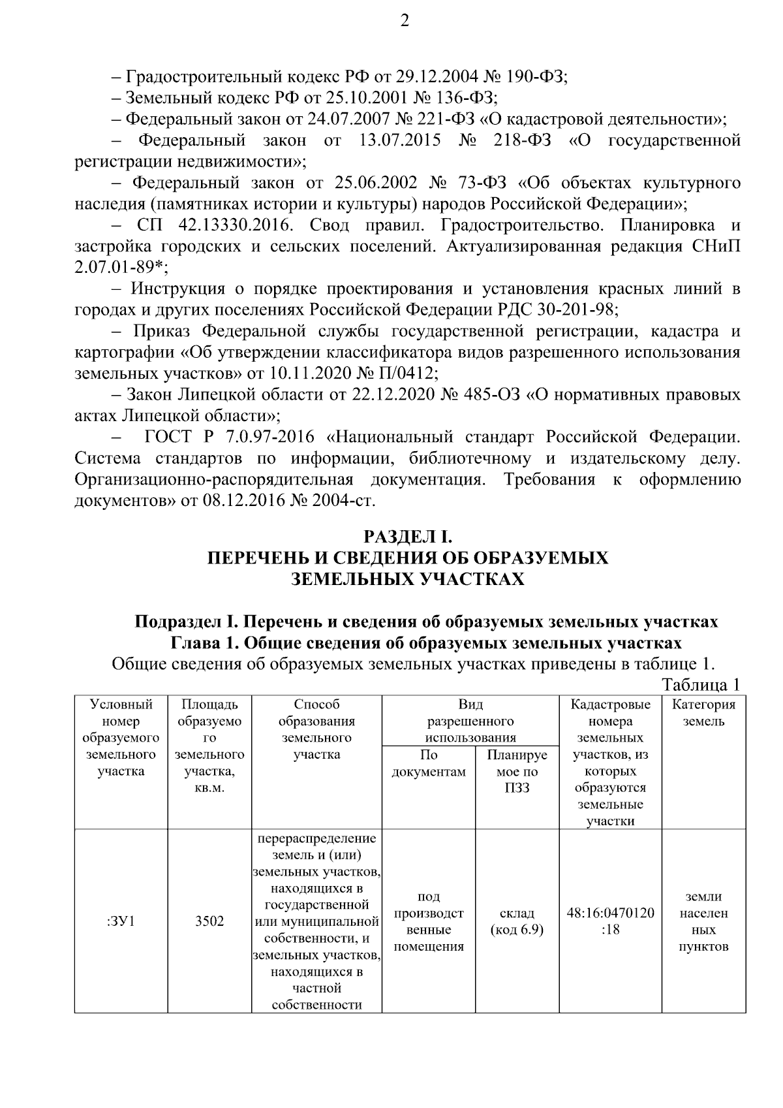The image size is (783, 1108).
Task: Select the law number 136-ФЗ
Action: [x=465, y=98]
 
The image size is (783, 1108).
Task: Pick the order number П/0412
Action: [x=404, y=373]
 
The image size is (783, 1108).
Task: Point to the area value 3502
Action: [x=209, y=921]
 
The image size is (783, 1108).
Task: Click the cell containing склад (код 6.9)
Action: [x=517, y=921]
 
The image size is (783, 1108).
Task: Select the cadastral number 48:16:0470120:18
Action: [x=610, y=921]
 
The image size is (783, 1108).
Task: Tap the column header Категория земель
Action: [x=703, y=713]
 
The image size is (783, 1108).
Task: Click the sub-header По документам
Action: [x=429, y=763]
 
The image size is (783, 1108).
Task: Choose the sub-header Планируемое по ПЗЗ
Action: [x=517, y=771]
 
